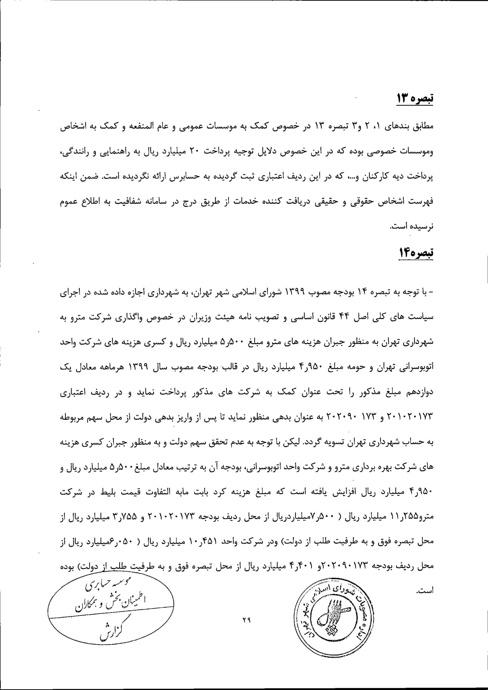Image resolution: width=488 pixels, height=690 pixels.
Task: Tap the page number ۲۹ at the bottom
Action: click(x=246, y=619)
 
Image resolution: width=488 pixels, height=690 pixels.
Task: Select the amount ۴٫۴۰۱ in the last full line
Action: click(x=305, y=566)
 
